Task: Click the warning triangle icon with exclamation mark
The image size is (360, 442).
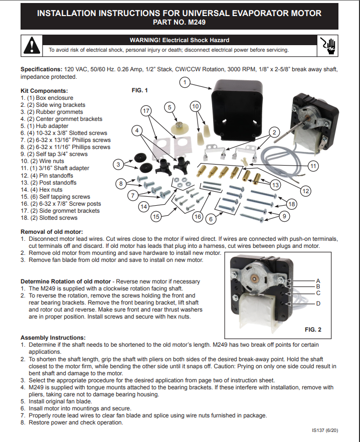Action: pos(32,45)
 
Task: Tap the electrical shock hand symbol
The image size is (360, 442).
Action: pos(327,46)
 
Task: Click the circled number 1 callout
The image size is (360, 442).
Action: pos(185,82)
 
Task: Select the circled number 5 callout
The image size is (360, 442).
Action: pos(169,107)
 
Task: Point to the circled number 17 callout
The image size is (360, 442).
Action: pos(146,111)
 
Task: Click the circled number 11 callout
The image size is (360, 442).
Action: pos(313,166)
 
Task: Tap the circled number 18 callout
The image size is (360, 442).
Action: pos(291,204)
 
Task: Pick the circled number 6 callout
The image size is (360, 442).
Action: pos(211,219)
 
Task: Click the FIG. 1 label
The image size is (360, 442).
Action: pos(140,90)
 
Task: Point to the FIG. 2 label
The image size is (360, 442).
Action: pos(313,330)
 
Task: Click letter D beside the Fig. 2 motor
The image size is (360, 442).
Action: pos(318,304)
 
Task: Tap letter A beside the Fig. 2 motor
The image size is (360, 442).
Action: pos(318,281)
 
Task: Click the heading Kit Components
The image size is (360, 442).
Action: pos(44,91)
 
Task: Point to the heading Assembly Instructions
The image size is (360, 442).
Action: pos(53,338)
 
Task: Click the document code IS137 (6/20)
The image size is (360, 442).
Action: pos(325,430)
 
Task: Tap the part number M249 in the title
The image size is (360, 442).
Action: pos(197,22)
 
